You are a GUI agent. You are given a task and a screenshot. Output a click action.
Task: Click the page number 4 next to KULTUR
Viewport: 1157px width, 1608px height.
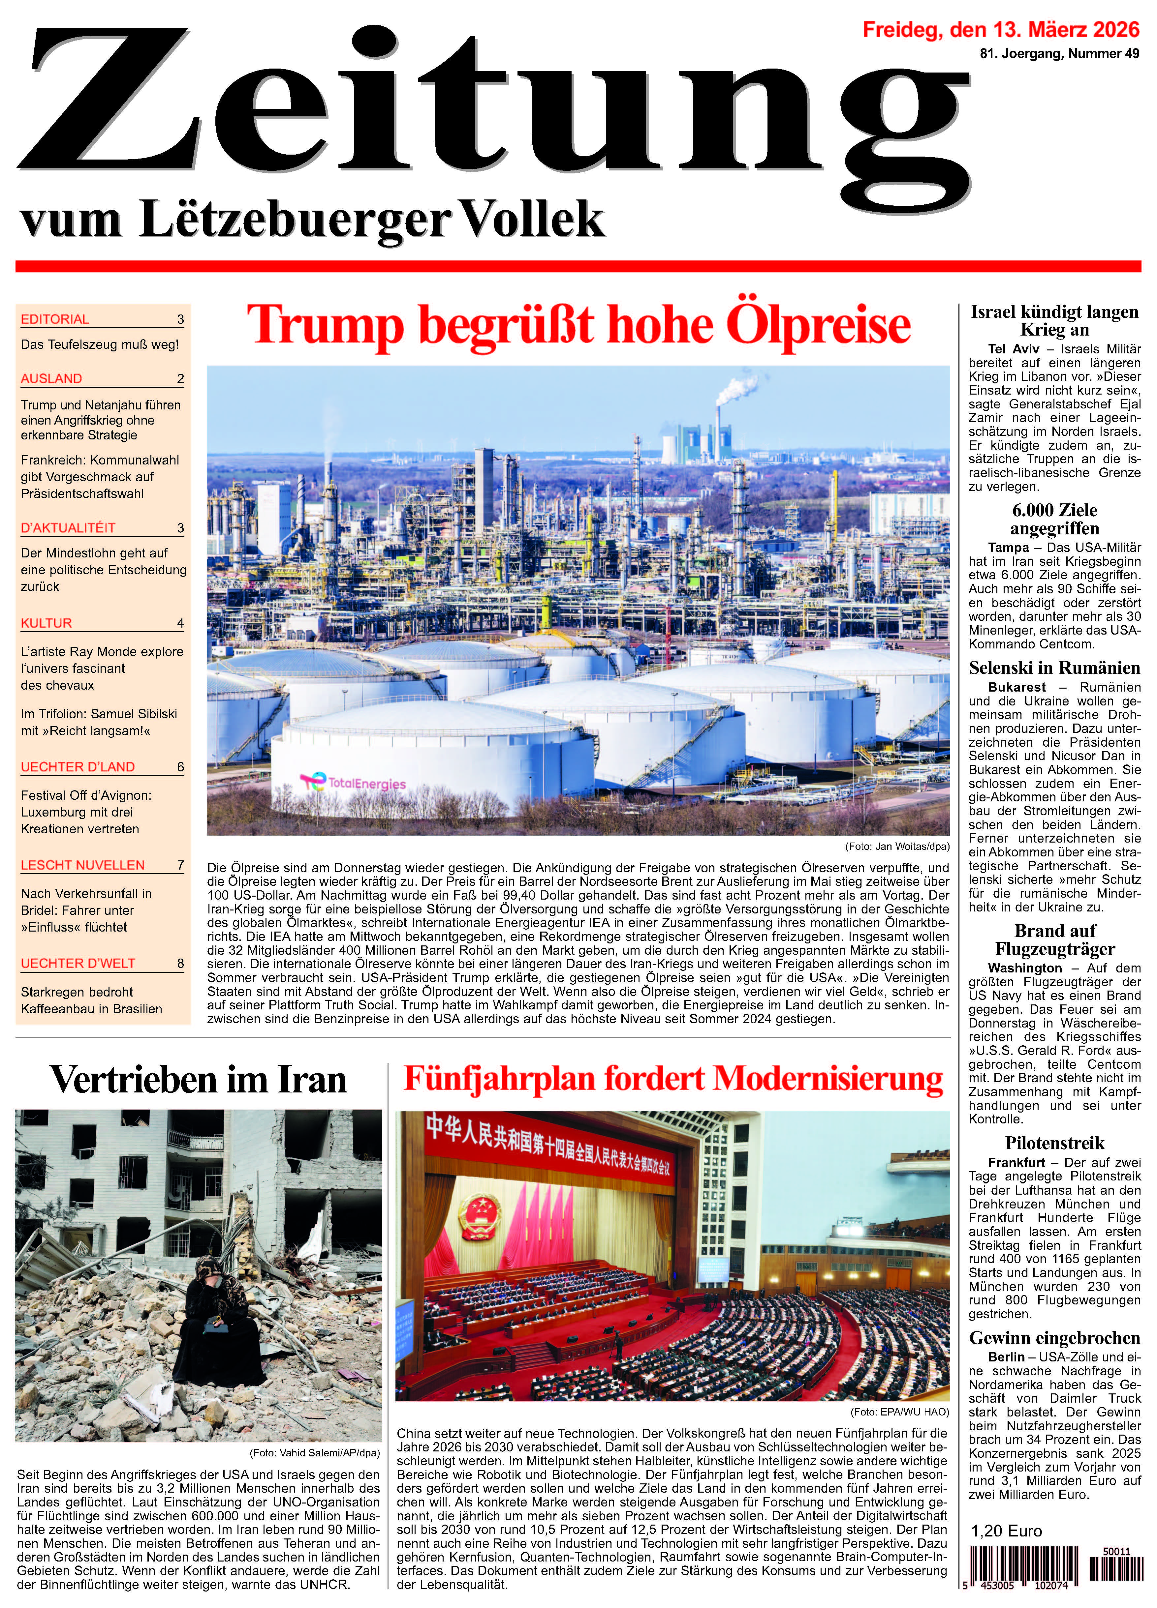click(x=180, y=623)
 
